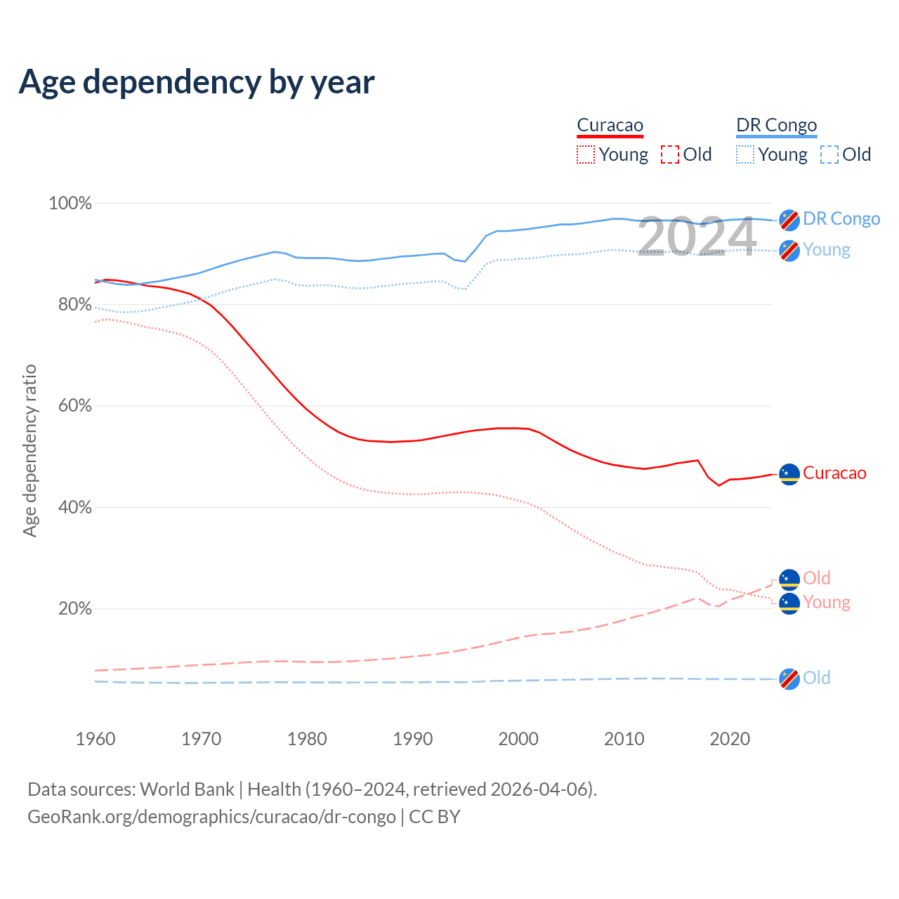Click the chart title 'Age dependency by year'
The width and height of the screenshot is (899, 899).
coord(197,82)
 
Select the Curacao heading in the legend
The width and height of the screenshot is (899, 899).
coord(610,126)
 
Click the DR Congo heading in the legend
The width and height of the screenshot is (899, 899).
coord(776,126)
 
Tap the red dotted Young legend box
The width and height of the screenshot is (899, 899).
coord(586,155)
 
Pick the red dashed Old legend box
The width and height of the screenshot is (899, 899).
coord(670,155)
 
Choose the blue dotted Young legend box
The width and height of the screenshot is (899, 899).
coord(745,155)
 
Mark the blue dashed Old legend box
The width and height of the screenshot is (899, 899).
coord(829,155)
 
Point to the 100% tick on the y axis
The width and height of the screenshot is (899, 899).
coord(70,204)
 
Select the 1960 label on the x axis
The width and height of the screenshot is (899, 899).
coord(96,739)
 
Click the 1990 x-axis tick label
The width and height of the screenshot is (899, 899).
coord(413,739)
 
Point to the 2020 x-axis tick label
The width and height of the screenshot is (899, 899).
coord(730,739)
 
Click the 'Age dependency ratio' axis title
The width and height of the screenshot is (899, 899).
coord(29,450)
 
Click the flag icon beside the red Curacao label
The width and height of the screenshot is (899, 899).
coord(789,474)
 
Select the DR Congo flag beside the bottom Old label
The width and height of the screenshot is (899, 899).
coord(789,678)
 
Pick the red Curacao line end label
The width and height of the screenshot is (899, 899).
coord(834,473)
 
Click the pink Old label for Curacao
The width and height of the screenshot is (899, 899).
coord(817,578)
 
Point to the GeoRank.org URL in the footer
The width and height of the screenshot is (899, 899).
coord(211,817)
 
